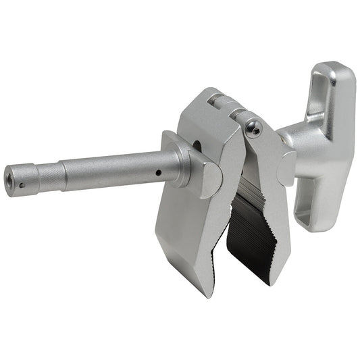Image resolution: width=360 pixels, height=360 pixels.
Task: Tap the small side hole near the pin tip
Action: point(22,184)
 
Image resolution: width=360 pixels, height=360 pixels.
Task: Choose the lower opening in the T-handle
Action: point(305,215)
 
